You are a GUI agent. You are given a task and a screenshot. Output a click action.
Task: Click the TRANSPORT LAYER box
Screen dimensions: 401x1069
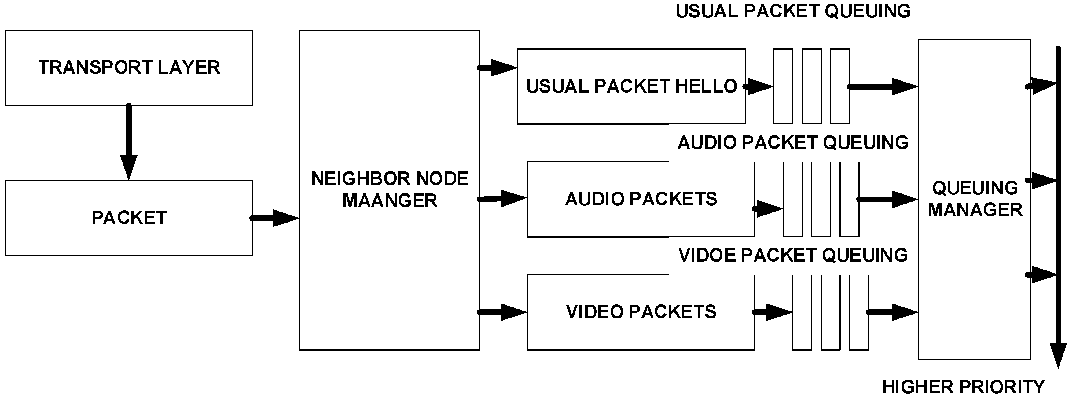129,68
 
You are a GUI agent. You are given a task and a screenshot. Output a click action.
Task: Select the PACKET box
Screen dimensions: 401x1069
129,218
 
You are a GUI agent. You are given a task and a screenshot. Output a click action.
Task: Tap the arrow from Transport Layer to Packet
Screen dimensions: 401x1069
129,141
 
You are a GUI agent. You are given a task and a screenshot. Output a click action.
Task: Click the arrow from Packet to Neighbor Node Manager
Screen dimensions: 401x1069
275,218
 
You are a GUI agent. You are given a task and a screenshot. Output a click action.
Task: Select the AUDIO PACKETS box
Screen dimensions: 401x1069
640,199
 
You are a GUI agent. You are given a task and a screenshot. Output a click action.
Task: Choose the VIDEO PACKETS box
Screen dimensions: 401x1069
640,312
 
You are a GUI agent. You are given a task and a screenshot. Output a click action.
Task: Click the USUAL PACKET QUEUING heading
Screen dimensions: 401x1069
793,11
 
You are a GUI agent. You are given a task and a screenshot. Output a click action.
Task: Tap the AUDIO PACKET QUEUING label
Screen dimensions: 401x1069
793,143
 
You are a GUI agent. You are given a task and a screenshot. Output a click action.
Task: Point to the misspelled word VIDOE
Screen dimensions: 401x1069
707,255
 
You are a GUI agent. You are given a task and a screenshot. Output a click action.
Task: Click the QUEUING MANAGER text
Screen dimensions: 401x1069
975,199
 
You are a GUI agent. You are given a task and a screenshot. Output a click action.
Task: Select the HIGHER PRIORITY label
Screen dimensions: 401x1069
963,387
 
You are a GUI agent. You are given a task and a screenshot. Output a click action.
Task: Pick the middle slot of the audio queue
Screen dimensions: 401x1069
821,199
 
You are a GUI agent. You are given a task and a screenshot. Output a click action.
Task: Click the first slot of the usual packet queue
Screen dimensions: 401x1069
783,86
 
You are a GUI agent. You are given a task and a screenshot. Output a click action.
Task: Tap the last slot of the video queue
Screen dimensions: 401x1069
859,312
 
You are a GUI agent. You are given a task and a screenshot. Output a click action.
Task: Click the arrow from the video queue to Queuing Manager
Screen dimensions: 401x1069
892,312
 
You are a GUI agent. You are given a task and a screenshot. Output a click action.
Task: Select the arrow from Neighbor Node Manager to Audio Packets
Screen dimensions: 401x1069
502,199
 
